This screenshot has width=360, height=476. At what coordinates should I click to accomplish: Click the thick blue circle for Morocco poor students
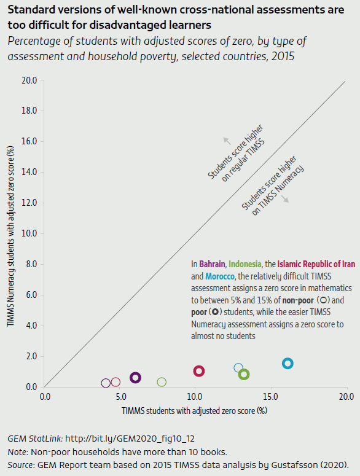point(288,364)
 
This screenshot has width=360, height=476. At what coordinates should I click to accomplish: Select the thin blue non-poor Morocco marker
point(239,368)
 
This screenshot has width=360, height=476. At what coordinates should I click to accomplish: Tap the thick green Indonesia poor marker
point(244,375)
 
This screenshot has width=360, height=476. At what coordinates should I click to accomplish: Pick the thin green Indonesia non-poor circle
point(162,382)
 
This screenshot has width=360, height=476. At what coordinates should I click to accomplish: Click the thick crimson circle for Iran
point(199,371)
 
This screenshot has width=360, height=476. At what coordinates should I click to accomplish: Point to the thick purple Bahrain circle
point(136,378)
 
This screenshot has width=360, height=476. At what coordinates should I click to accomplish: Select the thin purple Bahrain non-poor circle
point(106,383)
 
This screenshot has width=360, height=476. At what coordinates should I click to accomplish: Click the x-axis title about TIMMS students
point(195,410)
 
